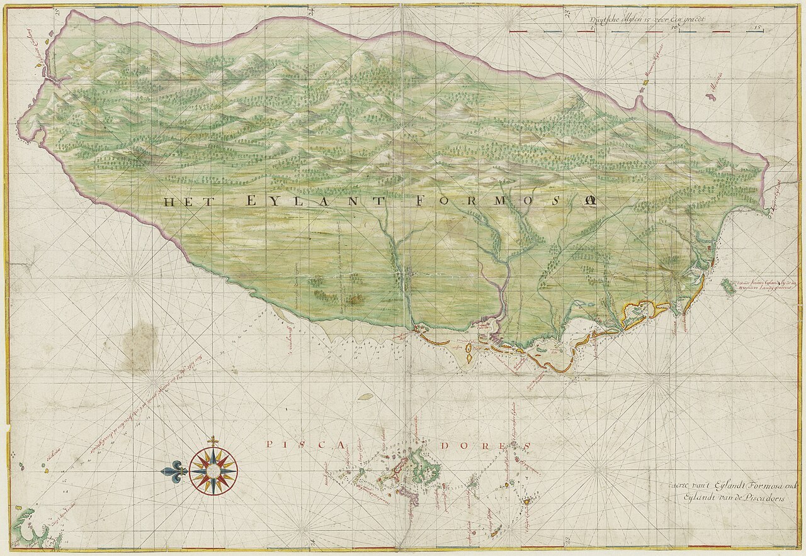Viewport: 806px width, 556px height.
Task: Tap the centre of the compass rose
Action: pos(213,470)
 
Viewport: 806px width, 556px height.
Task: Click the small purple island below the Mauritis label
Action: pos(712,97)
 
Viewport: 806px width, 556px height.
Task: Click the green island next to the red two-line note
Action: pos(728,287)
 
